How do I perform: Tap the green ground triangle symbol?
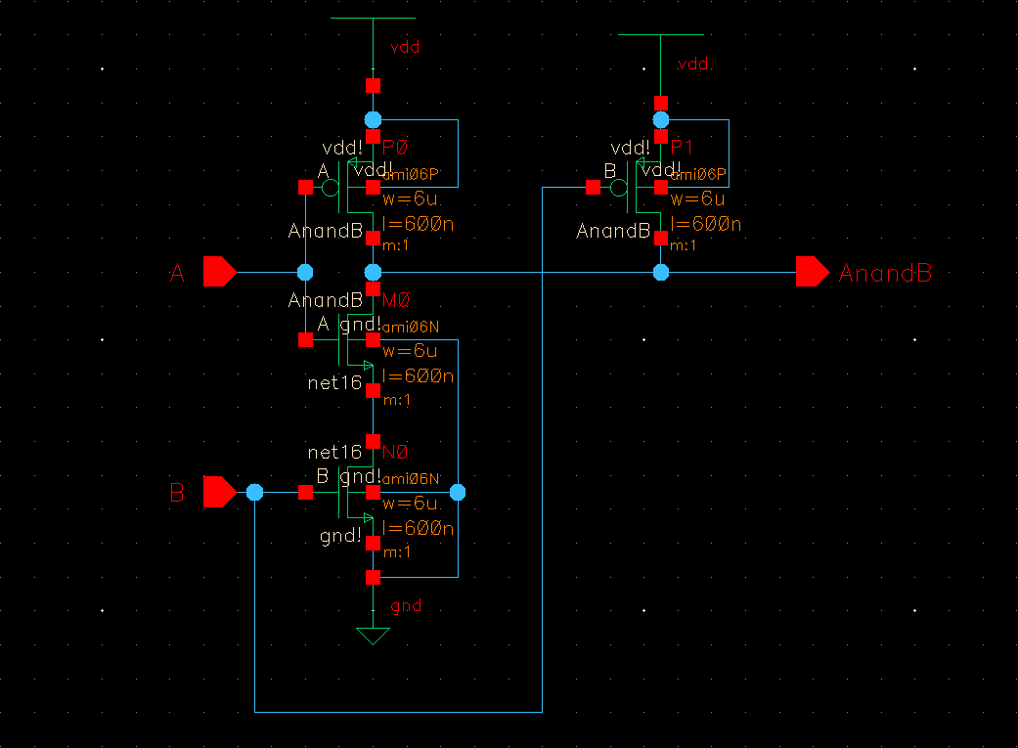tap(373, 637)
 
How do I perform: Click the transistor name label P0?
tap(395, 148)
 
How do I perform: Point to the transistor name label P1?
tap(682, 148)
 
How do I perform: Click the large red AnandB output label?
tap(885, 273)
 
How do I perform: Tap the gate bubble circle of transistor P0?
tap(332, 187)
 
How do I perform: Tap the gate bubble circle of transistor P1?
tap(619, 187)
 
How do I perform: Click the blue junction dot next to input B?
tap(255, 492)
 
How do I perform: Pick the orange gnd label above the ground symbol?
tap(406, 606)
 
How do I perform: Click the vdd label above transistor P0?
tap(405, 46)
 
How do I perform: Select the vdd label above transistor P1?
tap(692, 64)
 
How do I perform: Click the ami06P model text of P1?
tap(698, 175)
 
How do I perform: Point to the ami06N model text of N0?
tap(411, 478)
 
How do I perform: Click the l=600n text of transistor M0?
tap(419, 376)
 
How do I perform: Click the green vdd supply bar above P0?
tap(373, 18)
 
